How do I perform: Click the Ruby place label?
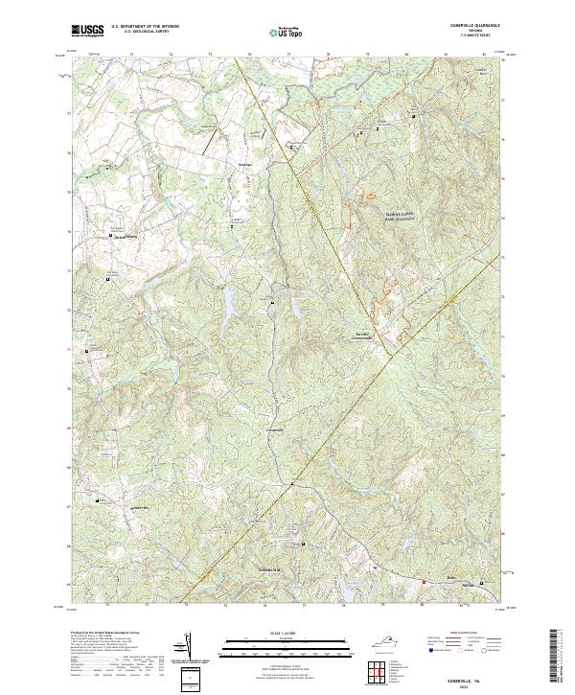coord(451,578)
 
